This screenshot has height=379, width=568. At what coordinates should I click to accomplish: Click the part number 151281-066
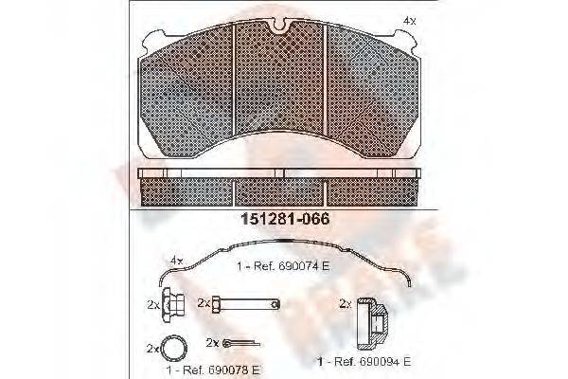point(283,218)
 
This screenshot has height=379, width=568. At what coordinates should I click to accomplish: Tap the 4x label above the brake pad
point(407,19)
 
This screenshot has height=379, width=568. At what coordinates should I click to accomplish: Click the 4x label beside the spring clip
point(175,258)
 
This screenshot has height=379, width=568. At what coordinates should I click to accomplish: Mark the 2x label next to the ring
point(152,348)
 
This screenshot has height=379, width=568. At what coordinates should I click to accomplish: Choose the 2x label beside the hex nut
point(152,305)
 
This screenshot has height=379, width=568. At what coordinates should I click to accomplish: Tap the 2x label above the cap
point(345,303)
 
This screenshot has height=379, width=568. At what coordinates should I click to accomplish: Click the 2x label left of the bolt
point(204,303)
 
